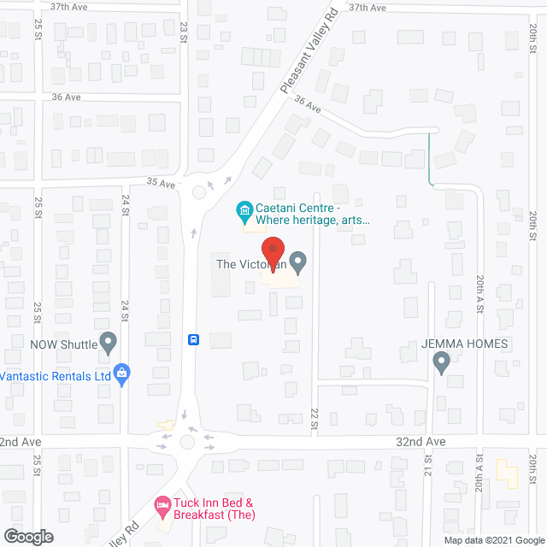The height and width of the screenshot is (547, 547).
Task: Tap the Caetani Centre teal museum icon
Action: tap(244, 209)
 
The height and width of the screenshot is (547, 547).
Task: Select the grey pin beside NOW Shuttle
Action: tap(109, 344)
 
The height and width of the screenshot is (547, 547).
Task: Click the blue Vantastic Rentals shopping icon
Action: tap(122, 373)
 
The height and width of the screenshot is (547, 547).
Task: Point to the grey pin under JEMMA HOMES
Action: tap(441, 363)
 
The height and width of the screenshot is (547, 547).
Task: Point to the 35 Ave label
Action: tap(161, 183)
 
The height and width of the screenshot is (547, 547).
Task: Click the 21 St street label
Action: tap(428, 468)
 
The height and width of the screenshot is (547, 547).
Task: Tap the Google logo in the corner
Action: tap(27, 536)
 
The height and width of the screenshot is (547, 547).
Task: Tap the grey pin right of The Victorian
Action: tap(297, 260)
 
